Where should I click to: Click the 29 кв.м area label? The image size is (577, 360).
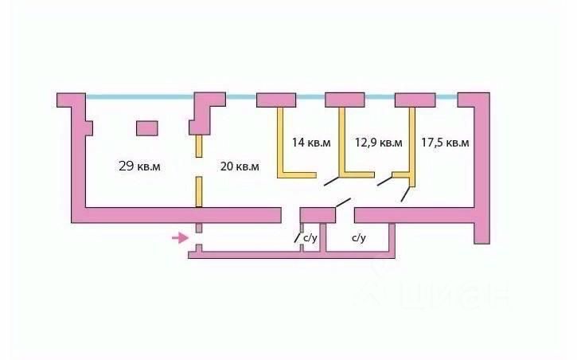[x=139, y=166]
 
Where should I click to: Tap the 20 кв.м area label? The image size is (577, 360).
[x=239, y=166]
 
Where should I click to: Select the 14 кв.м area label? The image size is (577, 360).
[x=310, y=143]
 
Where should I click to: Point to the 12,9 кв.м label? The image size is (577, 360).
[x=378, y=143]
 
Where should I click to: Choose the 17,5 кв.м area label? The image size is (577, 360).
[x=445, y=143]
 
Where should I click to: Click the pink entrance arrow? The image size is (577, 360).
[x=181, y=237]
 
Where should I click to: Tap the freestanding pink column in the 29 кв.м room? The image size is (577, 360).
[x=147, y=127]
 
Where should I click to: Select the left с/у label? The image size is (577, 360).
[x=310, y=237]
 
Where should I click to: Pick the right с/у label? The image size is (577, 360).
[x=358, y=237]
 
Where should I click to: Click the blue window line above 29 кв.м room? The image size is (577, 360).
[x=139, y=97]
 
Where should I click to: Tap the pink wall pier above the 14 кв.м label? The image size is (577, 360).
[x=276, y=100]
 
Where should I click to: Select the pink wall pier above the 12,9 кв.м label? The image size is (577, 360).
[x=345, y=100]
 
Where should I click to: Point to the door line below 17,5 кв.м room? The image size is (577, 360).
[x=406, y=194]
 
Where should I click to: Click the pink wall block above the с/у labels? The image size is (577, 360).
[x=317, y=214]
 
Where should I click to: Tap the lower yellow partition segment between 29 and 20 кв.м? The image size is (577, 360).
[x=199, y=191]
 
